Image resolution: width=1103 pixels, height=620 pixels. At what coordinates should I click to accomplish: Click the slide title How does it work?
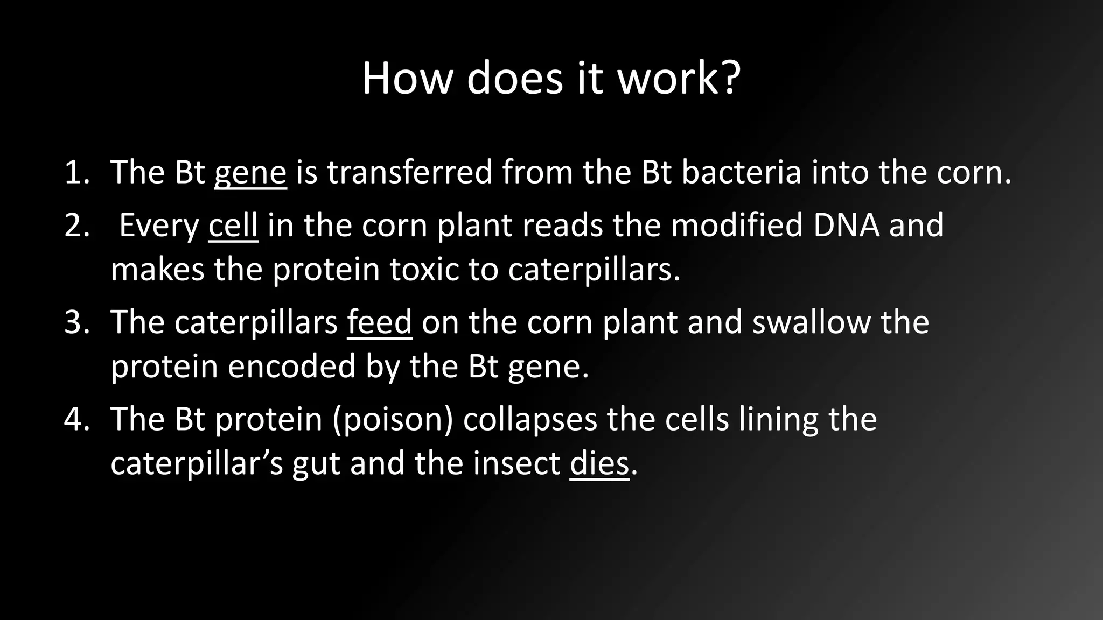pos(551,79)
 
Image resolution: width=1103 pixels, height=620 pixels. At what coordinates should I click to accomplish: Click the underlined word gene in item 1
pos(250,173)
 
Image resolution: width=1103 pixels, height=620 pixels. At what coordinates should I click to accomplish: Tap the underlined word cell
pos(233,226)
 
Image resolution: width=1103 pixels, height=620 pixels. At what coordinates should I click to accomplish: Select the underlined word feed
pos(380,322)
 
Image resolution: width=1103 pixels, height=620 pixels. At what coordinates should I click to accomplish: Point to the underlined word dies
pos(599,463)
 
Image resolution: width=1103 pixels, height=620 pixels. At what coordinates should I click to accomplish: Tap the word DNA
pos(846,226)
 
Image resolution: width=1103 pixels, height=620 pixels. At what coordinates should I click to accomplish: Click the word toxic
pos(424,270)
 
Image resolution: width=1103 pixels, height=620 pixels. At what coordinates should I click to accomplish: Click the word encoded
pos(291,367)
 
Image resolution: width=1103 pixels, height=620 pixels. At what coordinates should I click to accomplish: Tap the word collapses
pos(530,420)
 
